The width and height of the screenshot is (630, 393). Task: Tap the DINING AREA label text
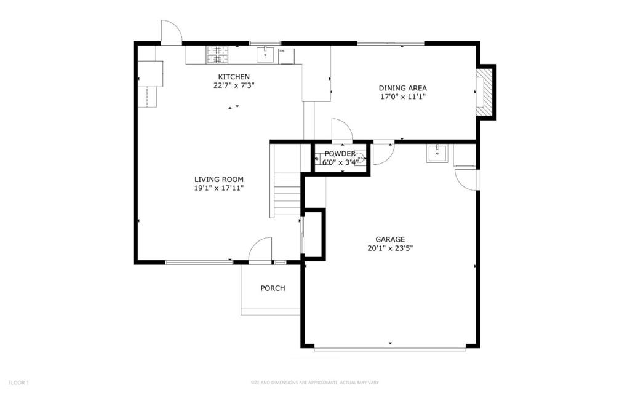point(402,88)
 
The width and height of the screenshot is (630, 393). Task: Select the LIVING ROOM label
point(219,180)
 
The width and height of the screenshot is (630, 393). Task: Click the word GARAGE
point(390,239)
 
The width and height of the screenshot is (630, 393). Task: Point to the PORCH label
point(273,288)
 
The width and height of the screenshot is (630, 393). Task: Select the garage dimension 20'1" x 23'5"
point(390,248)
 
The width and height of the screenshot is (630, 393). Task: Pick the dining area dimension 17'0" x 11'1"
point(402,97)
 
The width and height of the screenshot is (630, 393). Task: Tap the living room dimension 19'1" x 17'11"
point(219,188)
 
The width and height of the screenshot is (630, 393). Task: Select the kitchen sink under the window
point(266,54)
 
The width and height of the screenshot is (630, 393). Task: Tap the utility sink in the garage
point(436,153)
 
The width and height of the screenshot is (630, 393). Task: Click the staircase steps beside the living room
point(286,193)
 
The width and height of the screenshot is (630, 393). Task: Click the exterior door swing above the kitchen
point(171,32)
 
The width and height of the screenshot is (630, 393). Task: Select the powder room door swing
point(341,130)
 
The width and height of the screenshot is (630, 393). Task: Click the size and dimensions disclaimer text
point(314,383)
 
